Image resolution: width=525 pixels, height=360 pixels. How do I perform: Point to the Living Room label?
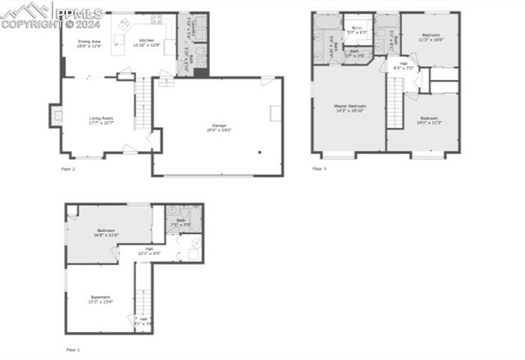coord(102,121)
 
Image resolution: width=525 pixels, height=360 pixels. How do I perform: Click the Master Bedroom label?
coord(349,108)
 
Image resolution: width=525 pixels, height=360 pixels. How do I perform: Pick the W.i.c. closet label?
coord(357,30)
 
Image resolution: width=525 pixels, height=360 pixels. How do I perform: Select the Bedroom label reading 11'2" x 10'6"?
coord(431,37)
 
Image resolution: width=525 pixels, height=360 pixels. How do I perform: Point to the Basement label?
coord(100,298)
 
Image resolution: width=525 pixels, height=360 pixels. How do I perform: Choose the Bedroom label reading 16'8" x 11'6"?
coord(107,232)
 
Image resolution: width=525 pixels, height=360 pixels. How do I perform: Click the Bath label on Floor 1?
coord(180,222)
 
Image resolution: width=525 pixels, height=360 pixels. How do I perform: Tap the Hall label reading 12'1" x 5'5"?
coord(148,251)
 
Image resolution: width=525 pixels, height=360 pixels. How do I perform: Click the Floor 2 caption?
coord(68,169)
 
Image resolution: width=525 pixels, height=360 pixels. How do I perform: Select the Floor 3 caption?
coord(318,169)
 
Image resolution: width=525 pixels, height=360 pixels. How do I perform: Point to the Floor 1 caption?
coord(73,349)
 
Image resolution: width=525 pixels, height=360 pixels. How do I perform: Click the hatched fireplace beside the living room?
coord(57,116)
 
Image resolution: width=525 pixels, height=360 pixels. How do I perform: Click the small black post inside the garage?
coord(259,153)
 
